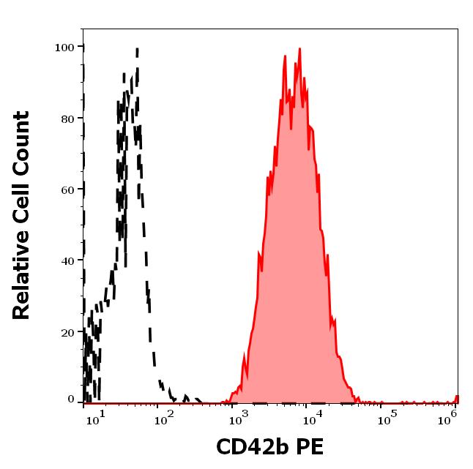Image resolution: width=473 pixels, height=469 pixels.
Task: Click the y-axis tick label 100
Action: pos(65,47)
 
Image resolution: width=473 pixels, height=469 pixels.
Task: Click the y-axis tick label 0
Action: pos(71,400)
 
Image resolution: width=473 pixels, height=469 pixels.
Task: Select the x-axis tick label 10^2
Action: pos(164,418)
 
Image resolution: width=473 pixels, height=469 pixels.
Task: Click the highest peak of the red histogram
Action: pos(299,50)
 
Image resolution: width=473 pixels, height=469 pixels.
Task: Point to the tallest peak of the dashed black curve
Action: pos(137,50)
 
